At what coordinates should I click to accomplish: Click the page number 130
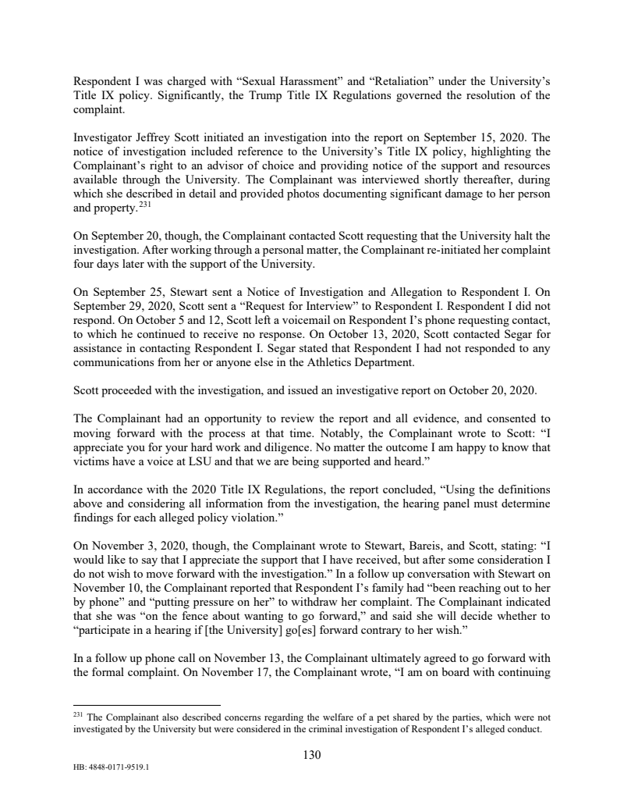click(x=311, y=754)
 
